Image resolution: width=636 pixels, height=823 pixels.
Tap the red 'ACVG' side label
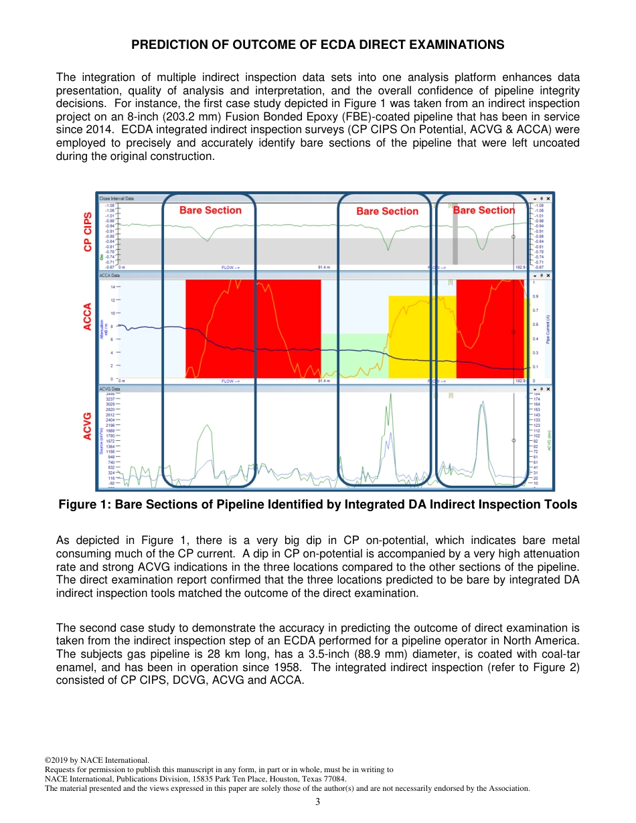[88, 426]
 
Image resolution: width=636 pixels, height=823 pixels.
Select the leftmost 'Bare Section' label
[210, 210]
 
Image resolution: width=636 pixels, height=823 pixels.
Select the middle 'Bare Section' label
[387, 211]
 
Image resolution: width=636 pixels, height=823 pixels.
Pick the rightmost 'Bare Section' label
[484, 210]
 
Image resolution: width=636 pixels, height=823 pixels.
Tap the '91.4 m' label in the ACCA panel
[324, 381]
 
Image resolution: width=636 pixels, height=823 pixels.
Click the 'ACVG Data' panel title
[110, 389]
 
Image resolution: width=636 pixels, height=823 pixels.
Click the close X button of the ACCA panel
[548, 275]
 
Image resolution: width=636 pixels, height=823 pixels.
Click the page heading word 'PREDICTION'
[166, 45]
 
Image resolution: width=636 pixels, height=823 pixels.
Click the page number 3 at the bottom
[318, 802]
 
